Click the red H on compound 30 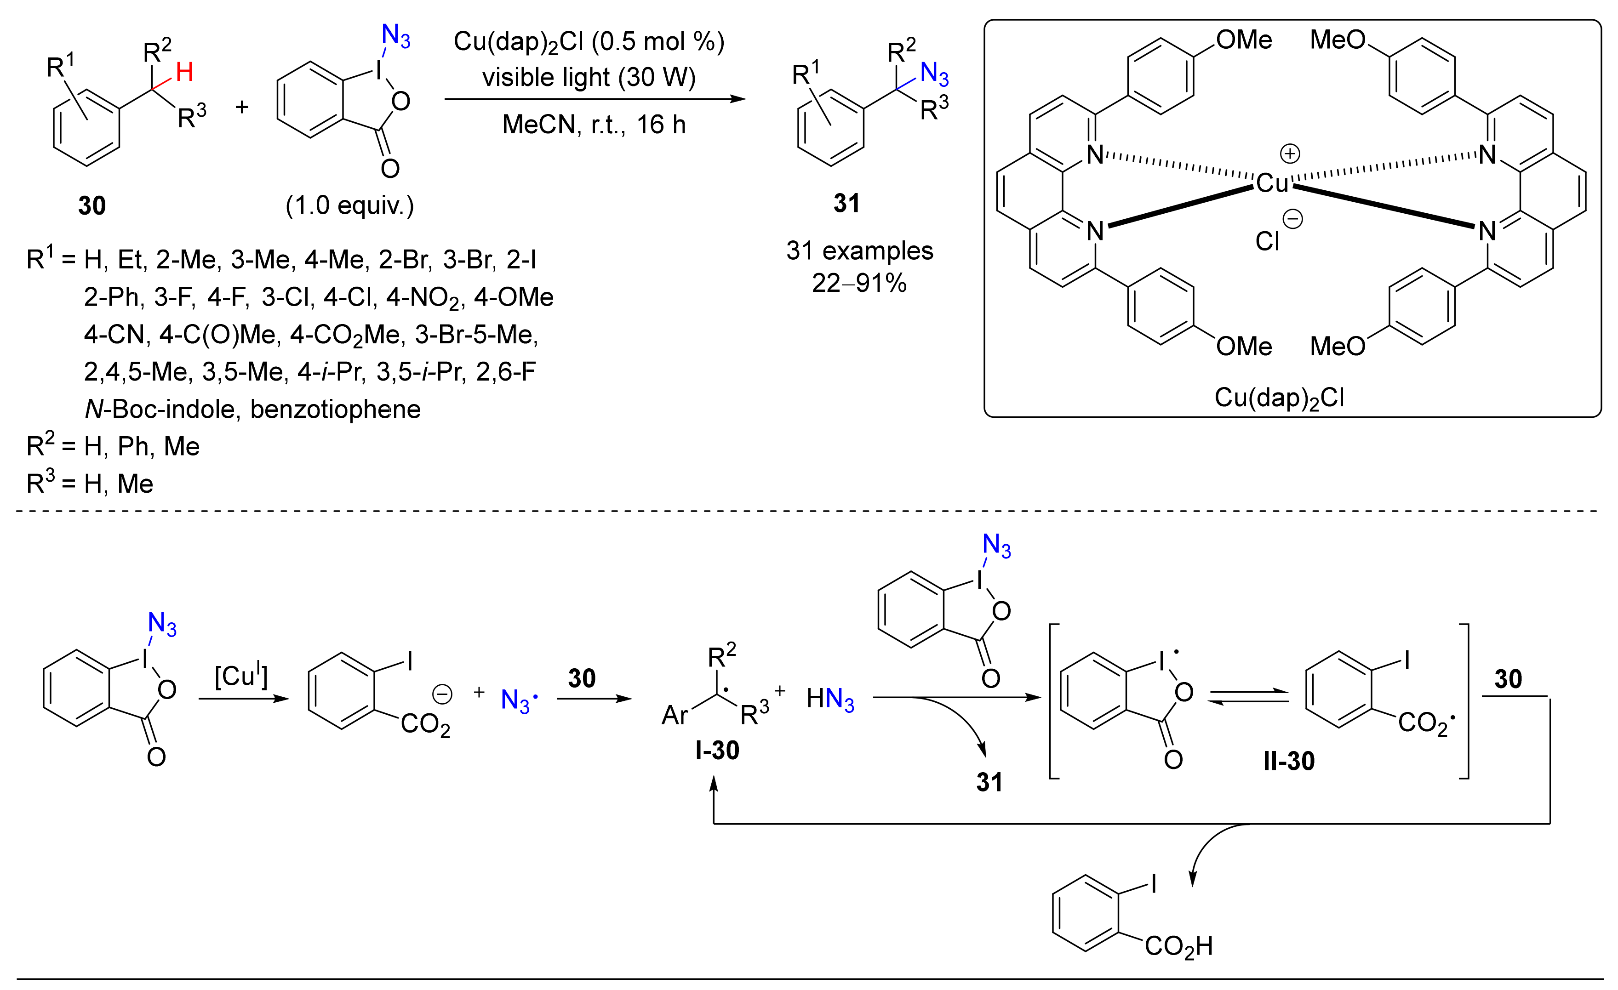(184, 72)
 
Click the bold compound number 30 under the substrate (91, 205)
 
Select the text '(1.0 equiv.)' (349, 205)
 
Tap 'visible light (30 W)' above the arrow (589, 78)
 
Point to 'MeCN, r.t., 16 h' (594, 124)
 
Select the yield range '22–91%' (859, 283)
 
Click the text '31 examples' (859, 251)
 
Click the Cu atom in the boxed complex (1272, 183)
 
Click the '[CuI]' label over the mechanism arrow (241, 676)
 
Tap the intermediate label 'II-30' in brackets (1288, 761)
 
